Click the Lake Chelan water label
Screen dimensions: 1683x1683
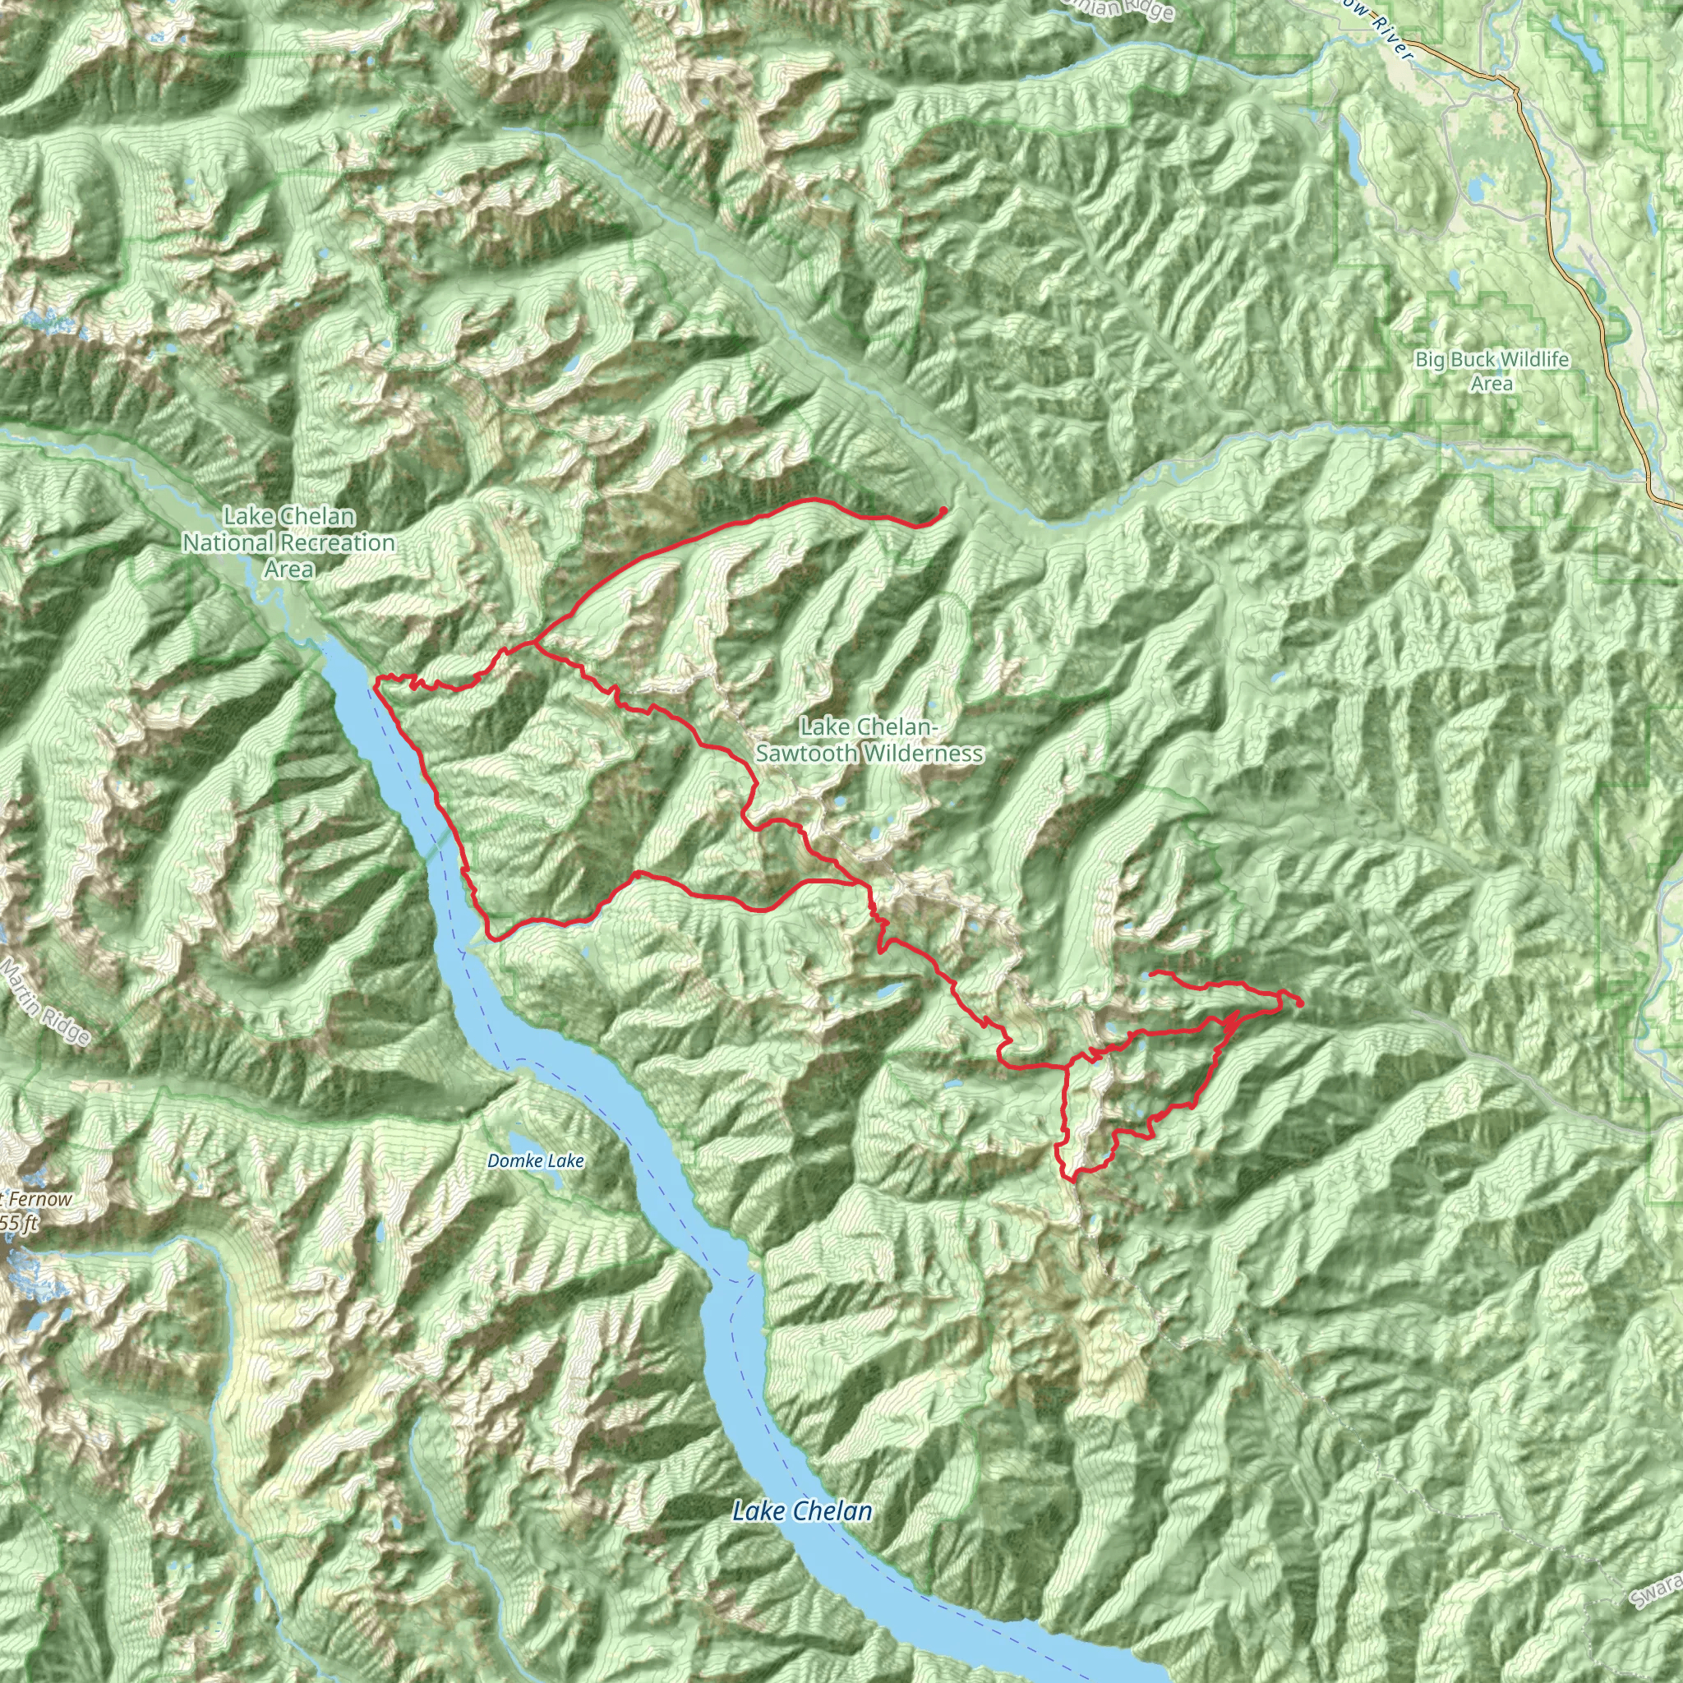point(801,1510)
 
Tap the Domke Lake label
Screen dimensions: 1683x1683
point(535,1161)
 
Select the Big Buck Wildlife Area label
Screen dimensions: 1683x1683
point(1492,371)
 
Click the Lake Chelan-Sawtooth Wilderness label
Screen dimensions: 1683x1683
point(869,740)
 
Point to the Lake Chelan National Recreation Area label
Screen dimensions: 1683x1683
point(288,542)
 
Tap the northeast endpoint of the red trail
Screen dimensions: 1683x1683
point(943,510)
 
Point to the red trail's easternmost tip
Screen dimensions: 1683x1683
point(1300,1003)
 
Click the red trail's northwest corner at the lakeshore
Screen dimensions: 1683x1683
point(376,679)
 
